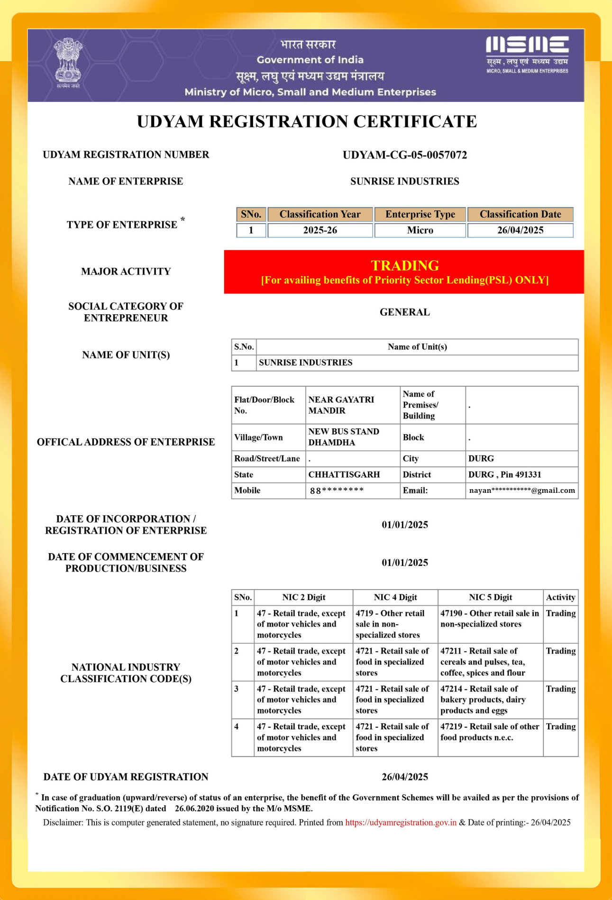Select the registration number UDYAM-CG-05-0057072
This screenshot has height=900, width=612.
[404, 155]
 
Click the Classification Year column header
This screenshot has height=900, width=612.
[320, 214]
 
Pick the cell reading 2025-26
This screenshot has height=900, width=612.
[320, 230]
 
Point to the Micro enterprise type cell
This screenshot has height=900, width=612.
[420, 230]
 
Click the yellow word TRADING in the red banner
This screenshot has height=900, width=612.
[405, 265]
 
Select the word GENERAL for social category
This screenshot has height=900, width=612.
[404, 312]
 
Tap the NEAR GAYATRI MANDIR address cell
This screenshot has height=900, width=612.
[352, 405]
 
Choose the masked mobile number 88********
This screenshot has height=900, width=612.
[337, 491]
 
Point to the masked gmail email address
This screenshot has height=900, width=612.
[522, 491]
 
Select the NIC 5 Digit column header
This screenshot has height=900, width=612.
[490, 597]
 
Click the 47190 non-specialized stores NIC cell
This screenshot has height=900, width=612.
[489, 618]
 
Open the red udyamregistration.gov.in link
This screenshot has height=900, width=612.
[401, 822]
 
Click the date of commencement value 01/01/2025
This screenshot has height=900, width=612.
[404, 563]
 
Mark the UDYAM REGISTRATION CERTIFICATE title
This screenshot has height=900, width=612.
[307, 121]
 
